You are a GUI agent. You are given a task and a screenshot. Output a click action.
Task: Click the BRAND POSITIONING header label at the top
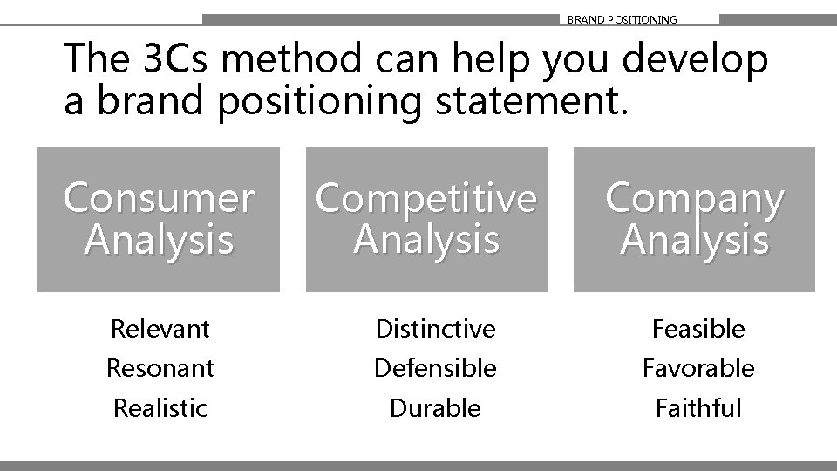pyautogui.click(x=622, y=19)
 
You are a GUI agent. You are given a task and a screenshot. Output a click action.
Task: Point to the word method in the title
pyautogui.click(x=278, y=60)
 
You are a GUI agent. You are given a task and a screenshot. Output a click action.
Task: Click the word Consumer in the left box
pyautogui.click(x=159, y=199)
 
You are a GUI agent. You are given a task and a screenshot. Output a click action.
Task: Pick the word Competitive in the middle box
pyautogui.click(x=426, y=199)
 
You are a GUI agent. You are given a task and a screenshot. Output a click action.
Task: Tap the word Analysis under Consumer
pyautogui.click(x=159, y=240)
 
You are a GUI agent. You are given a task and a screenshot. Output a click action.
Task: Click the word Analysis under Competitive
pyautogui.click(x=426, y=240)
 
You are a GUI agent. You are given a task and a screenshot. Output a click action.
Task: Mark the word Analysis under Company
pyautogui.click(x=695, y=240)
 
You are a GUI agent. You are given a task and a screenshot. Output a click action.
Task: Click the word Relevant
pyautogui.click(x=160, y=329)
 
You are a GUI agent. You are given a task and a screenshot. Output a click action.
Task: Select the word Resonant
pyautogui.click(x=160, y=368)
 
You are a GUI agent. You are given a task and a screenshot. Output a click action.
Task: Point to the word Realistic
pyautogui.click(x=160, y=407)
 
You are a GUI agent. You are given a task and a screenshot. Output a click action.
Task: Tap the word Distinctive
pyautogui.click(x=435, y=329)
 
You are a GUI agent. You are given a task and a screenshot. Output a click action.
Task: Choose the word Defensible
pyautogui.click(x=435, y=368)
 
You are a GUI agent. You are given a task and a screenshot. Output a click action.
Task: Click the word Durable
pyautogui.click(x=435, y=407)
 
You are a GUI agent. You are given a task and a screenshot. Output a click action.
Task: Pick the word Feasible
pyautogui.click(x=698, y=329)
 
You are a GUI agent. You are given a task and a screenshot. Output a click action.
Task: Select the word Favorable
pyautogui.click(x=698, y=368)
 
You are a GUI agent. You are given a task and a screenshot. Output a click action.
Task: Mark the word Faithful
pyautogui.click(x=698, y=407)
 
